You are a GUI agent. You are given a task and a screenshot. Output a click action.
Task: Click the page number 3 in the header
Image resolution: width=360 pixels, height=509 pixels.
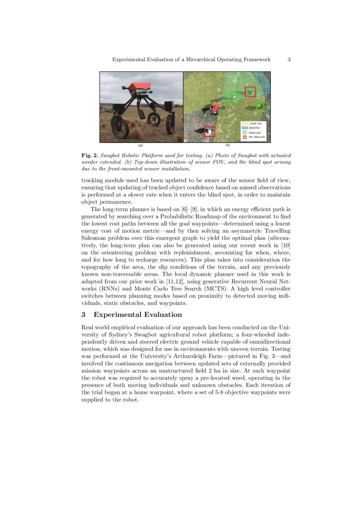[289, 60]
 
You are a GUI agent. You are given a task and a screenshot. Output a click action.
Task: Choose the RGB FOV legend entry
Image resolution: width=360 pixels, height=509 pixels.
[253, 128]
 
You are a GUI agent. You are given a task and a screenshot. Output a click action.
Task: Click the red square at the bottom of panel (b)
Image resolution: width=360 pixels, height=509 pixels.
[210, 131]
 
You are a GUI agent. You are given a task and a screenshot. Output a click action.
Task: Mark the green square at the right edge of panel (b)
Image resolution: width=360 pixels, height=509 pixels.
[262, 107]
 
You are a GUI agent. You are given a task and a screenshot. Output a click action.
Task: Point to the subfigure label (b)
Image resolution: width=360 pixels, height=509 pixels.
[227, 145]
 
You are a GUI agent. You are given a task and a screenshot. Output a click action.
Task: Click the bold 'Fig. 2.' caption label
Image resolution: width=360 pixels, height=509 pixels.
[89, 155]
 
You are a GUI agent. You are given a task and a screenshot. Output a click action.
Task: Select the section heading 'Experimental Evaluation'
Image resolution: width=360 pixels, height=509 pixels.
[138, 315]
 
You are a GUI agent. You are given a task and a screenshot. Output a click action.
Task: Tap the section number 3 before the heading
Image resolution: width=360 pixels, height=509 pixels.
[84, 315]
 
